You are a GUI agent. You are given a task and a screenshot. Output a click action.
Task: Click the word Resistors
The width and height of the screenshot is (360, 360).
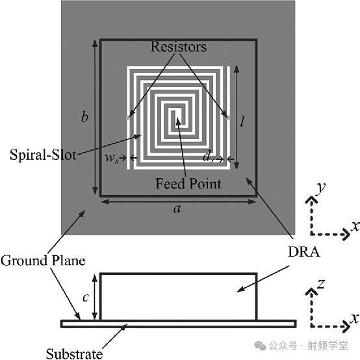179,47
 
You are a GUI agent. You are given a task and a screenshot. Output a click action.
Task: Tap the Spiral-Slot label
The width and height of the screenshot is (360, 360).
43,155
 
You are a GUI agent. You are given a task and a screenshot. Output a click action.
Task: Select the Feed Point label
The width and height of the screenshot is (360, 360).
188,183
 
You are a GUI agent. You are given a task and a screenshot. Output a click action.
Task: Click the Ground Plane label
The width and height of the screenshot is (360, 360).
43,261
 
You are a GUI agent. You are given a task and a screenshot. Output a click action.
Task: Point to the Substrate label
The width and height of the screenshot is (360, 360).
74,354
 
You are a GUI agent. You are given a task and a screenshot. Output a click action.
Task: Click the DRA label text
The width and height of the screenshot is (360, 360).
303,252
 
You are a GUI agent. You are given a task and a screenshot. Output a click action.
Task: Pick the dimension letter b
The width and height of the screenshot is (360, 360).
84,116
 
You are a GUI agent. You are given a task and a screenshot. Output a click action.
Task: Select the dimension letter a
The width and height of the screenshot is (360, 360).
177,209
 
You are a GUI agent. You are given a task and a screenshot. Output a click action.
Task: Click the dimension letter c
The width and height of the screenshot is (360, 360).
86,298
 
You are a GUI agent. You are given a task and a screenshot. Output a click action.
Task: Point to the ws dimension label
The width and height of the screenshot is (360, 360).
112,159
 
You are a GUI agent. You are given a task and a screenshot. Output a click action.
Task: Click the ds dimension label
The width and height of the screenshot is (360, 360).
208,157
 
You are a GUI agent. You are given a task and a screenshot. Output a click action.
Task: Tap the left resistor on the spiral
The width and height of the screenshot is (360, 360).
128,118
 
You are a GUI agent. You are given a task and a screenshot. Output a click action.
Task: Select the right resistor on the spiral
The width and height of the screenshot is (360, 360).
228,118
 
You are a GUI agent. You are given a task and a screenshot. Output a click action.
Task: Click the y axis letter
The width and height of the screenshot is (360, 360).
321,189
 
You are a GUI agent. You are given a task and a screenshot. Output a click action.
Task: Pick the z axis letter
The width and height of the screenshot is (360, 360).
320,284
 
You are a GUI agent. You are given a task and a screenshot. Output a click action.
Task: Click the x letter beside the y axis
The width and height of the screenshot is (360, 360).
355,226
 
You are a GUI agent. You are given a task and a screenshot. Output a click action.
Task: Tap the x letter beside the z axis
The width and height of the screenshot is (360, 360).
355,318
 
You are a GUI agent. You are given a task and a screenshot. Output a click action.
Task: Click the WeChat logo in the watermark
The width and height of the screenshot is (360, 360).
260,346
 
